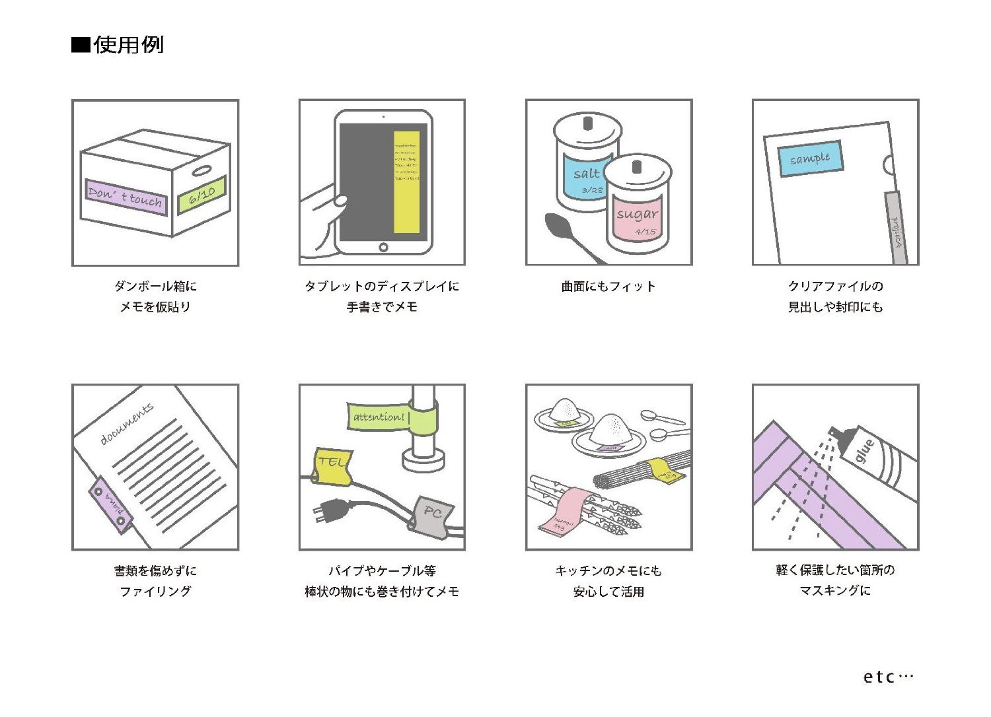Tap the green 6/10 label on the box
point(202,194)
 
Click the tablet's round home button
point(383,247)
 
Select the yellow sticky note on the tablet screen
point(406,182)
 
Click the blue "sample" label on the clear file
point(810,158)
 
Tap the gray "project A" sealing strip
point(896,228)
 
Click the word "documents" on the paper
point(127,423)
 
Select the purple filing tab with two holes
point(110,504)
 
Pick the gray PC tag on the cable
point(432,514)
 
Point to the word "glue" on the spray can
point(865,451)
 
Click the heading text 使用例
point(128,45)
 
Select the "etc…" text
point(887,677)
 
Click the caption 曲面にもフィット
point(608,287)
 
